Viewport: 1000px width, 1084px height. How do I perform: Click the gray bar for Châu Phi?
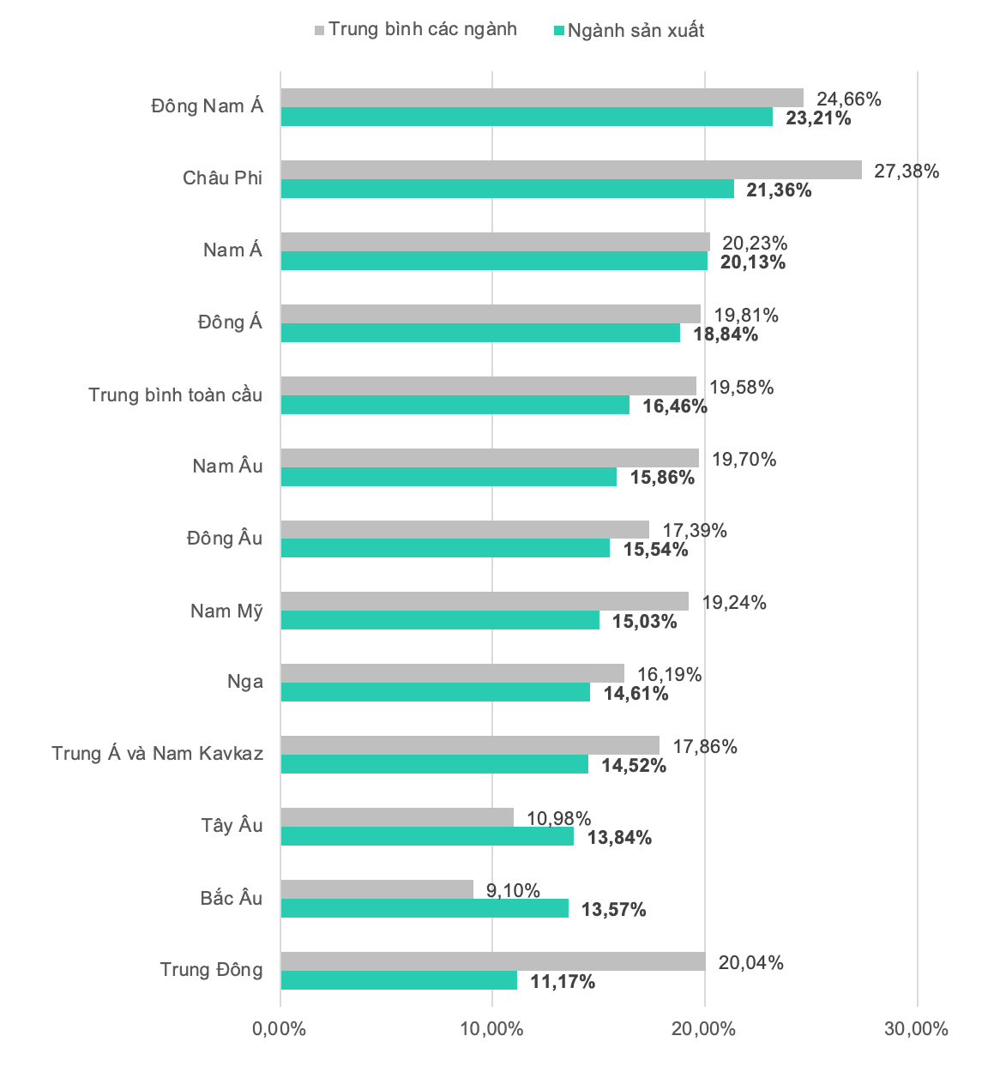571,170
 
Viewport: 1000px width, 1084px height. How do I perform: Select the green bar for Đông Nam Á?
527,117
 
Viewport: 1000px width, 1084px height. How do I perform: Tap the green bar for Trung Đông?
399,979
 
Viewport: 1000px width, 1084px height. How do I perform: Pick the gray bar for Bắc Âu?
377,889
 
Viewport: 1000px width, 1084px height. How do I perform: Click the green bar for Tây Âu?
427,835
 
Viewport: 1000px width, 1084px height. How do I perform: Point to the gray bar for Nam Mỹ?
485,601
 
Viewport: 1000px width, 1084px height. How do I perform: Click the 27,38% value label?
907,172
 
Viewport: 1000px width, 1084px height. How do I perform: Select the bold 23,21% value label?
817,117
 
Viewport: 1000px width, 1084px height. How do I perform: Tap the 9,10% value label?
513,891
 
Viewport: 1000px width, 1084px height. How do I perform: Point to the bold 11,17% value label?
563,981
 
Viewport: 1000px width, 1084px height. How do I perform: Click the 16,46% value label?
675,406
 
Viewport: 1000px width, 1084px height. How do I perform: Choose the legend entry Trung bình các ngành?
416,29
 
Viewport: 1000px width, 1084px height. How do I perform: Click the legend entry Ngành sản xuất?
629,31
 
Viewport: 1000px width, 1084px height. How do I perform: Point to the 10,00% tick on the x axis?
491,1028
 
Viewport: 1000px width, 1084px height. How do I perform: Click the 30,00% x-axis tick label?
916,1028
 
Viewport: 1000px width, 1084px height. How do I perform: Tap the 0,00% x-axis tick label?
279,1028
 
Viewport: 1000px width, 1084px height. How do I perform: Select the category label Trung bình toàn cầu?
175,394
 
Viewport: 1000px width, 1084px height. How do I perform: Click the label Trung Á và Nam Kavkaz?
157,753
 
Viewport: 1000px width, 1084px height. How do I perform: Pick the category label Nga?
245,682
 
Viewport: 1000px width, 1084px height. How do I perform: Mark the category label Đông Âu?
225,538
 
